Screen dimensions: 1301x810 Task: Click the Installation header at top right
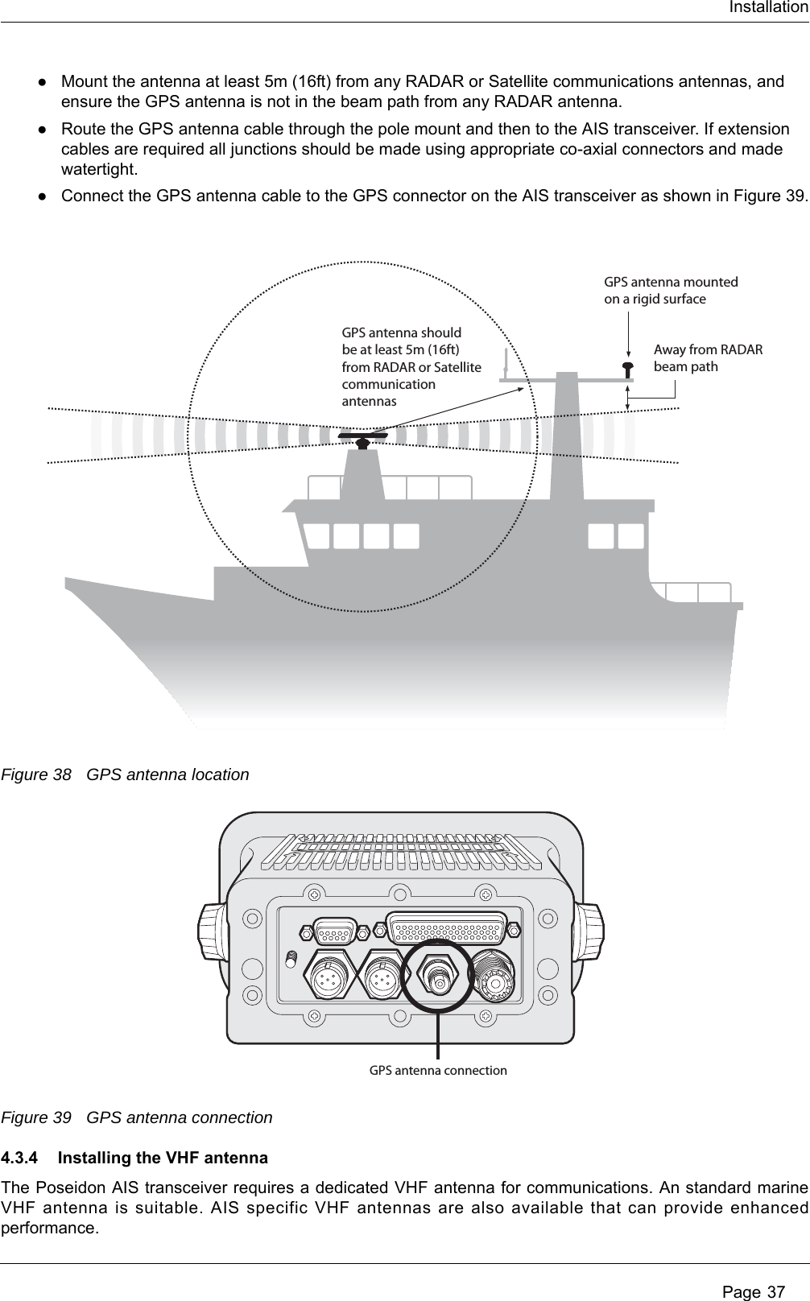coord(768,8)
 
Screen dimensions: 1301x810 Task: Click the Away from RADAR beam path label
coord(708,358)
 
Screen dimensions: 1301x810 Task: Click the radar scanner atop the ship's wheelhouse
coord(363,438)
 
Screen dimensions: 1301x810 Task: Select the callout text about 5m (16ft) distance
coord(411,366)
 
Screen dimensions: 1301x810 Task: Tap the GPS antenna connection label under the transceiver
coord(438,1071)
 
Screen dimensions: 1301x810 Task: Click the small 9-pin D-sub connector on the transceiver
coord(334,931)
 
